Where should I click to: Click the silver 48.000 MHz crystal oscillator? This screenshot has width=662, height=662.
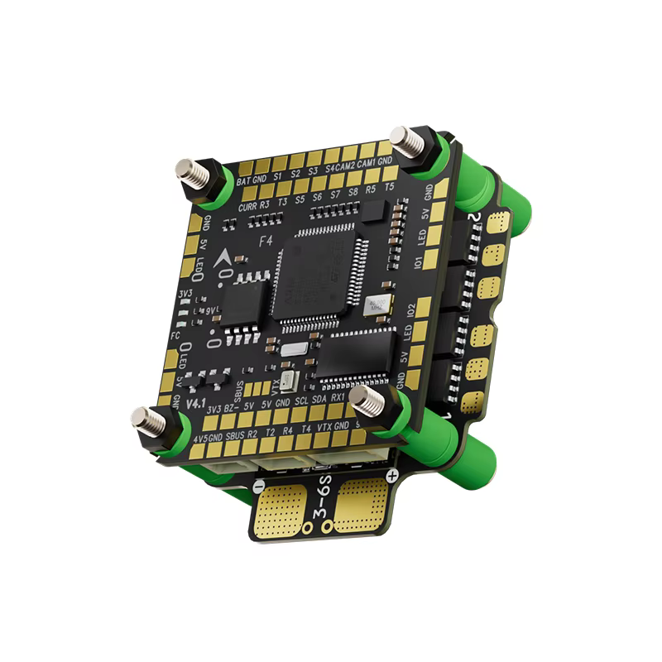coord(380,305)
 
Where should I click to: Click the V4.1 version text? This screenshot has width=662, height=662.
coord(195,404)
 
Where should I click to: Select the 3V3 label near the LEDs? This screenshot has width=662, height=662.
coord(187,295)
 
